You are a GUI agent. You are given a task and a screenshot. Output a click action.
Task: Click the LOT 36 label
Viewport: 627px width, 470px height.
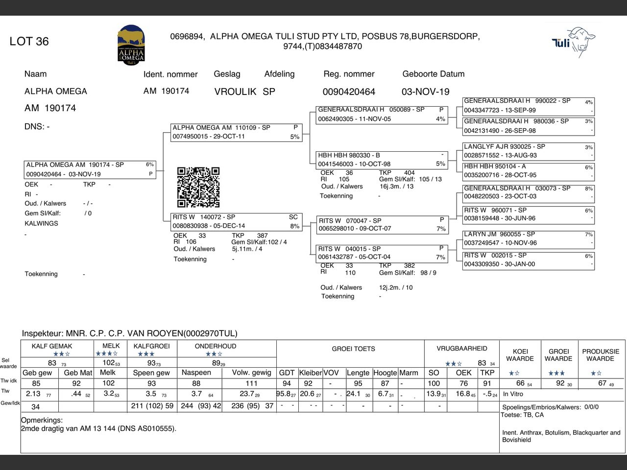coord(29,42)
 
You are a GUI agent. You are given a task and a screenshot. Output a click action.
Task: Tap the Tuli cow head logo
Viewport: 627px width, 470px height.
coord(574,41)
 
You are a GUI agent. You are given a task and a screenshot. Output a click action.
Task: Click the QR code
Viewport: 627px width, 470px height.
coord(198,187)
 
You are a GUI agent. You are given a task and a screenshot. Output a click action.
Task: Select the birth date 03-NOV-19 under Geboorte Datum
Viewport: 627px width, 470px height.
coord(425,92)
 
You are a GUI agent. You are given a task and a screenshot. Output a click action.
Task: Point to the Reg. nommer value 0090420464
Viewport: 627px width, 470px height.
coord(349,92)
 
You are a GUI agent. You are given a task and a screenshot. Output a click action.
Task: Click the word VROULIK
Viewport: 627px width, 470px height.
coord(235,92)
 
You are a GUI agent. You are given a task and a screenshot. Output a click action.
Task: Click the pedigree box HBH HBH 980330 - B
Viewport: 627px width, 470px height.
coord(382,160)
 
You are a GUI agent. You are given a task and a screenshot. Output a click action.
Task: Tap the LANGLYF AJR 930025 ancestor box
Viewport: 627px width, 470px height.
coord(528,151)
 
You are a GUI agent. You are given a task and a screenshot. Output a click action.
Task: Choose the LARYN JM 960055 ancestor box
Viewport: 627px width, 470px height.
coord(528,238)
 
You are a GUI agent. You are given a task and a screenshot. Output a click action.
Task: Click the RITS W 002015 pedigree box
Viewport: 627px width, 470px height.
coord(528,259)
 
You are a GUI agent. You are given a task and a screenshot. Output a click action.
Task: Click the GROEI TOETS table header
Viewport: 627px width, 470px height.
coord(353,349)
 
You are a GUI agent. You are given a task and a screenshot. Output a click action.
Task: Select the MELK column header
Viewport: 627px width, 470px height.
coord(111,346)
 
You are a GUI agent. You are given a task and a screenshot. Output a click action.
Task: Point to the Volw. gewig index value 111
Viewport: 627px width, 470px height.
coord(251,383)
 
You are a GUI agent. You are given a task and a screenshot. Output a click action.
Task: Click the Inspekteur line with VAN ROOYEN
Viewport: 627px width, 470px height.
coord(129,333)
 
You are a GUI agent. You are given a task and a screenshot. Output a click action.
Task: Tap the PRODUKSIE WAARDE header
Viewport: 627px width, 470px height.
coord(601,355)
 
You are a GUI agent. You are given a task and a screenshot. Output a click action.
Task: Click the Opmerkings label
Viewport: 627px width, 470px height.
coord(42,420)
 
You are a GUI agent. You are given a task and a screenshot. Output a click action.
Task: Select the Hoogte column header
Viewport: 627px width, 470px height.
coord(385,373)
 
